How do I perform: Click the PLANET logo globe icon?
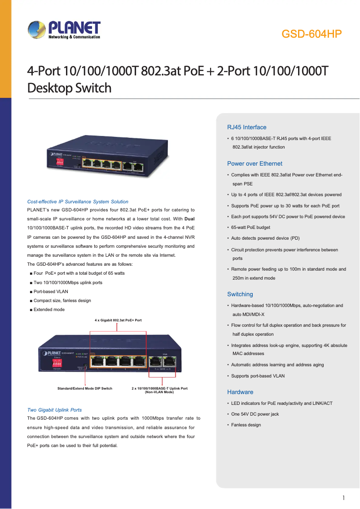[x=36, y=31]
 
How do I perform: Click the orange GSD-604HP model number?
[x=312, y=35]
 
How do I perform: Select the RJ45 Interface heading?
[x=246, y=127]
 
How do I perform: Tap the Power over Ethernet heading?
[x=255, y=163]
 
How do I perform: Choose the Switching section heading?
[x=240, y=294]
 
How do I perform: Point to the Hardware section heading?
[x=240, y=392]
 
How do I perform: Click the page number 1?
[x=343, y=498]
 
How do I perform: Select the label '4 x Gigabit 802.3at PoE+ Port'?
[x=118, y=320]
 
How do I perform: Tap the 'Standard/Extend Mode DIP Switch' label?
[x=85, y=388]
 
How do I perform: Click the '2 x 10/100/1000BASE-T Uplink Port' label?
[x=159, y=388]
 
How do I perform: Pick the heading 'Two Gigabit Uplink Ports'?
[x=54, y=410]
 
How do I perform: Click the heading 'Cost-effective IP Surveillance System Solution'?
[x=78, y=202]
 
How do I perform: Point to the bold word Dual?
[x=189, y=219]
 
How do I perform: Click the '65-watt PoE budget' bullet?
[x=250, y=228]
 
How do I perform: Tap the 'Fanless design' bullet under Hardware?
[x=246, y=425]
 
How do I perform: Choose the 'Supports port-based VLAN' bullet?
[x=258, y=376]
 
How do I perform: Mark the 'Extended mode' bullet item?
[x=49, y=309]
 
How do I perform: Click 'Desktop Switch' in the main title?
[x=69, y=88]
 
